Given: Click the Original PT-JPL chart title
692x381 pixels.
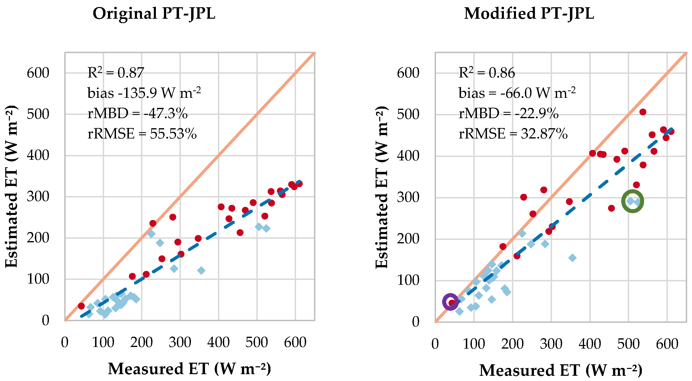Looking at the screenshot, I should coord(154,13).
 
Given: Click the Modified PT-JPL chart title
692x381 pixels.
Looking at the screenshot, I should coord(529,13).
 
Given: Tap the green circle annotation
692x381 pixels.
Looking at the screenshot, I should coord(632,201).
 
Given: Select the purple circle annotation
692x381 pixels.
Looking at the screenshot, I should coord(450,302).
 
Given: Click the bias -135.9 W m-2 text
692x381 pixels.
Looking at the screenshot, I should coord(144,93).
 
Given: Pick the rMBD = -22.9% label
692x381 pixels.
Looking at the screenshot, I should coord(508,113).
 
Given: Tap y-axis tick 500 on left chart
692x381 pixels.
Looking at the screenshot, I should coord(38,114).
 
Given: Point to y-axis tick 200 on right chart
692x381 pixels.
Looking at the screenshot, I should coord(408,239).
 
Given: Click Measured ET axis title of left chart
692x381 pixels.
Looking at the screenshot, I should coord(189,369).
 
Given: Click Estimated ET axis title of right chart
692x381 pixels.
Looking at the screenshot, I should coord(382,187).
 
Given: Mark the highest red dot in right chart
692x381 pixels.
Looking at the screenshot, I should coord(643,112).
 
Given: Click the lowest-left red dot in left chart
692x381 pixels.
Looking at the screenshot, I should coord(81,306).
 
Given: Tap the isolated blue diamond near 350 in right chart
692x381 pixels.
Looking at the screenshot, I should coord(572,258).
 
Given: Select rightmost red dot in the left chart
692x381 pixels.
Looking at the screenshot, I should coord(299,184).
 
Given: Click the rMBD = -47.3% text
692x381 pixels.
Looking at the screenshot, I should coord(137,113).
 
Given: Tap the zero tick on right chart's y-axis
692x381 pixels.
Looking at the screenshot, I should coord(415,322).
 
